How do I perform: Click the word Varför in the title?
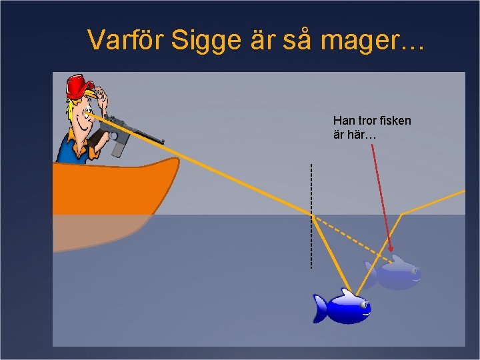[x=126, y=41]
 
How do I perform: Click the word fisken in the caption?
[x=395, y=121]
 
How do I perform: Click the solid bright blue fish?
[x=343, y=307]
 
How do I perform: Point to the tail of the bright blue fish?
[x=321, y=308]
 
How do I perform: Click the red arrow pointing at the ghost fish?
[x=381, y=200]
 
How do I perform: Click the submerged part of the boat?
[x=100, y=230]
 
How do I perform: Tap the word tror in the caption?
[x=367, y=121]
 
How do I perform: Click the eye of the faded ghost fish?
[x=413, y=271]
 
